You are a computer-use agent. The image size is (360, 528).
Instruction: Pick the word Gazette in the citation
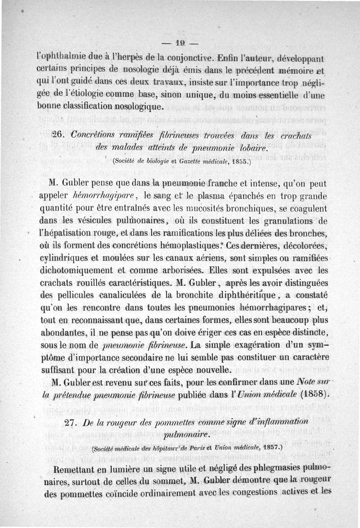(x=188, y=162)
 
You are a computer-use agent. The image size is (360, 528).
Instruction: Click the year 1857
(x=269, y=448)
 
